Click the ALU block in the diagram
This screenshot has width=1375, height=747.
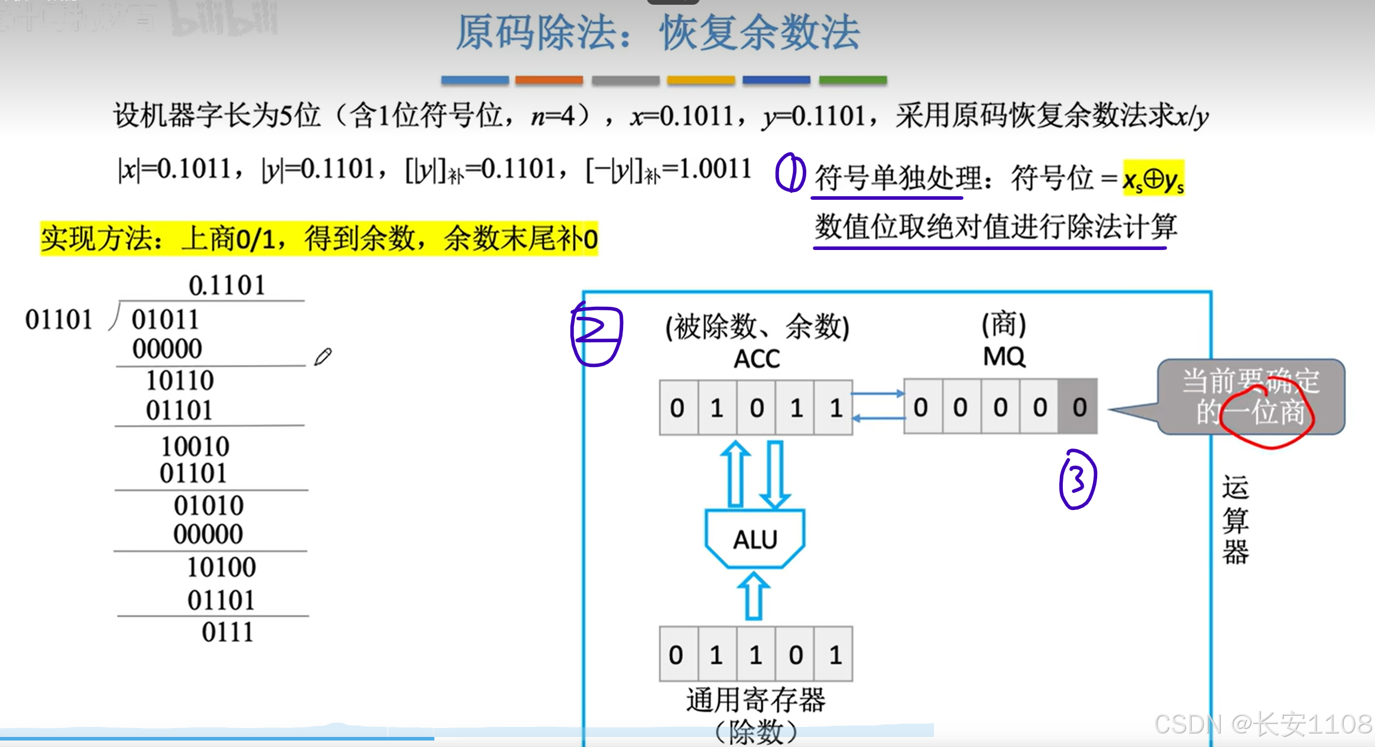pos(755,538)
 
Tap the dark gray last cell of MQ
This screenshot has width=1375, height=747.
pos(1078,407)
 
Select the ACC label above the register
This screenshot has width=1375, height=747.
pos(757,359)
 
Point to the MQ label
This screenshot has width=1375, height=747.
pos(1004,356)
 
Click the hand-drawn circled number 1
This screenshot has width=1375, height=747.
pos(790,173)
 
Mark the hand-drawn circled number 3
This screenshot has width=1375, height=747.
pos(1078,479)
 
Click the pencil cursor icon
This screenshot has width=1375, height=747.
pos(323,356)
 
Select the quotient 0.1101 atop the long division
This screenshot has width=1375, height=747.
pos(227,285)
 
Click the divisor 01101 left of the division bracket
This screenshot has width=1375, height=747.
pos(59,320)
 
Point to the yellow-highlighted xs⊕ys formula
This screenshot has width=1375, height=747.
pos(1153,178)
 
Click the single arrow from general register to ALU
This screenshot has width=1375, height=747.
pos(754,596)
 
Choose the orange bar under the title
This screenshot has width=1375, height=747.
pos(549,80)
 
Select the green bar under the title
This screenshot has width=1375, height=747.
pos(852,80)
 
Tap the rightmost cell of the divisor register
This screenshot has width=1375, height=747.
pos(834,654)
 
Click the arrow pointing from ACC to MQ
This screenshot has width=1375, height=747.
pos(878,394)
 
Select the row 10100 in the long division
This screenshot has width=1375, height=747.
pos(222,567)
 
